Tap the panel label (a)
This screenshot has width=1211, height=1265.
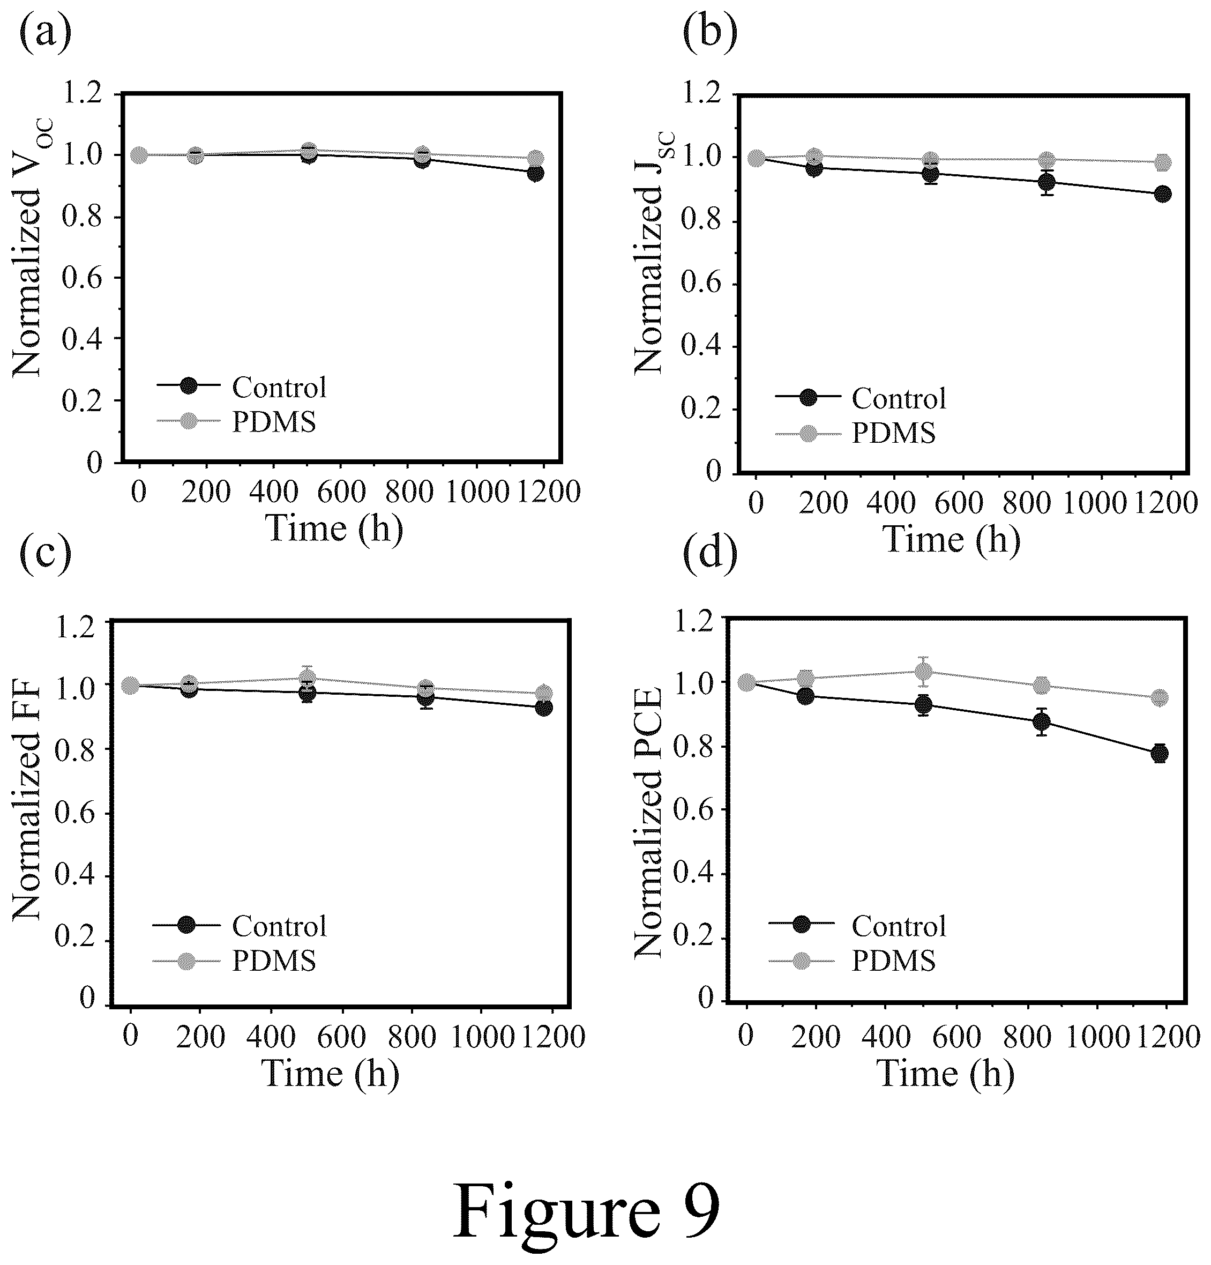(x=46, y=35)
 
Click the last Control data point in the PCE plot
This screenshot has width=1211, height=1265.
(x=1160, y=753)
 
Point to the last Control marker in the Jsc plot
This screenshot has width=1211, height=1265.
(x=1163, y=194)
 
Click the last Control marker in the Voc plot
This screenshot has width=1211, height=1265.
(x=535, y=173)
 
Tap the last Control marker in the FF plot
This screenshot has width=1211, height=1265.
(x=543, y=708)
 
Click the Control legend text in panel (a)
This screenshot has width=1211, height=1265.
(x=279, y=387)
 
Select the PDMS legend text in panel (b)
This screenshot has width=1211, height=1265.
(x=894, y=433)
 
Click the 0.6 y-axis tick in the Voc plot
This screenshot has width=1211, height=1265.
(x=82, y=278)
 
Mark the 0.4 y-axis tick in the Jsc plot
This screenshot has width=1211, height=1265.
(x=701, y=347)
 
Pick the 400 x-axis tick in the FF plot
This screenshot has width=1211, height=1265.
(x=271, y=1037)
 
